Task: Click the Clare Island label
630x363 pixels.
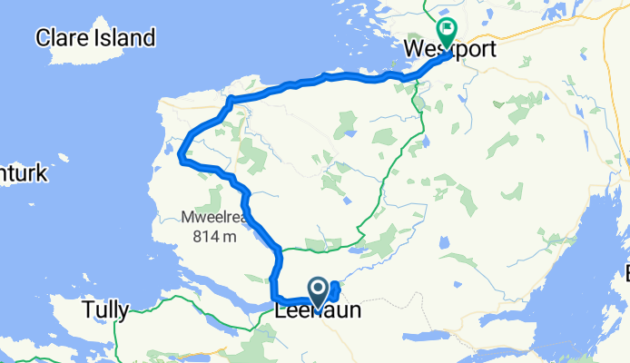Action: click(x=94, y=38)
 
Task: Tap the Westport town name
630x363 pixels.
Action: click(x=450, y=48)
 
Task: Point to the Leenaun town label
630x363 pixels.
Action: click(x=318, y=310)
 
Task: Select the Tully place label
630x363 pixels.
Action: click(x=104, y=310)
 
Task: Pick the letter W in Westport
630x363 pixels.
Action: click(x=413, y=48)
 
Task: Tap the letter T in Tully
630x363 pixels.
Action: click(x=88, y=310)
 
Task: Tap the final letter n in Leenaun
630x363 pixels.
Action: click(x=354, y=310)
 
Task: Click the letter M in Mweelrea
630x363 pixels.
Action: click(x=186, y=218)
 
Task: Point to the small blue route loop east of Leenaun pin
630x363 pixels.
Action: click(x=337, y=291)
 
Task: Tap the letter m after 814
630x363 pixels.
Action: click(x=230, y=238)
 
